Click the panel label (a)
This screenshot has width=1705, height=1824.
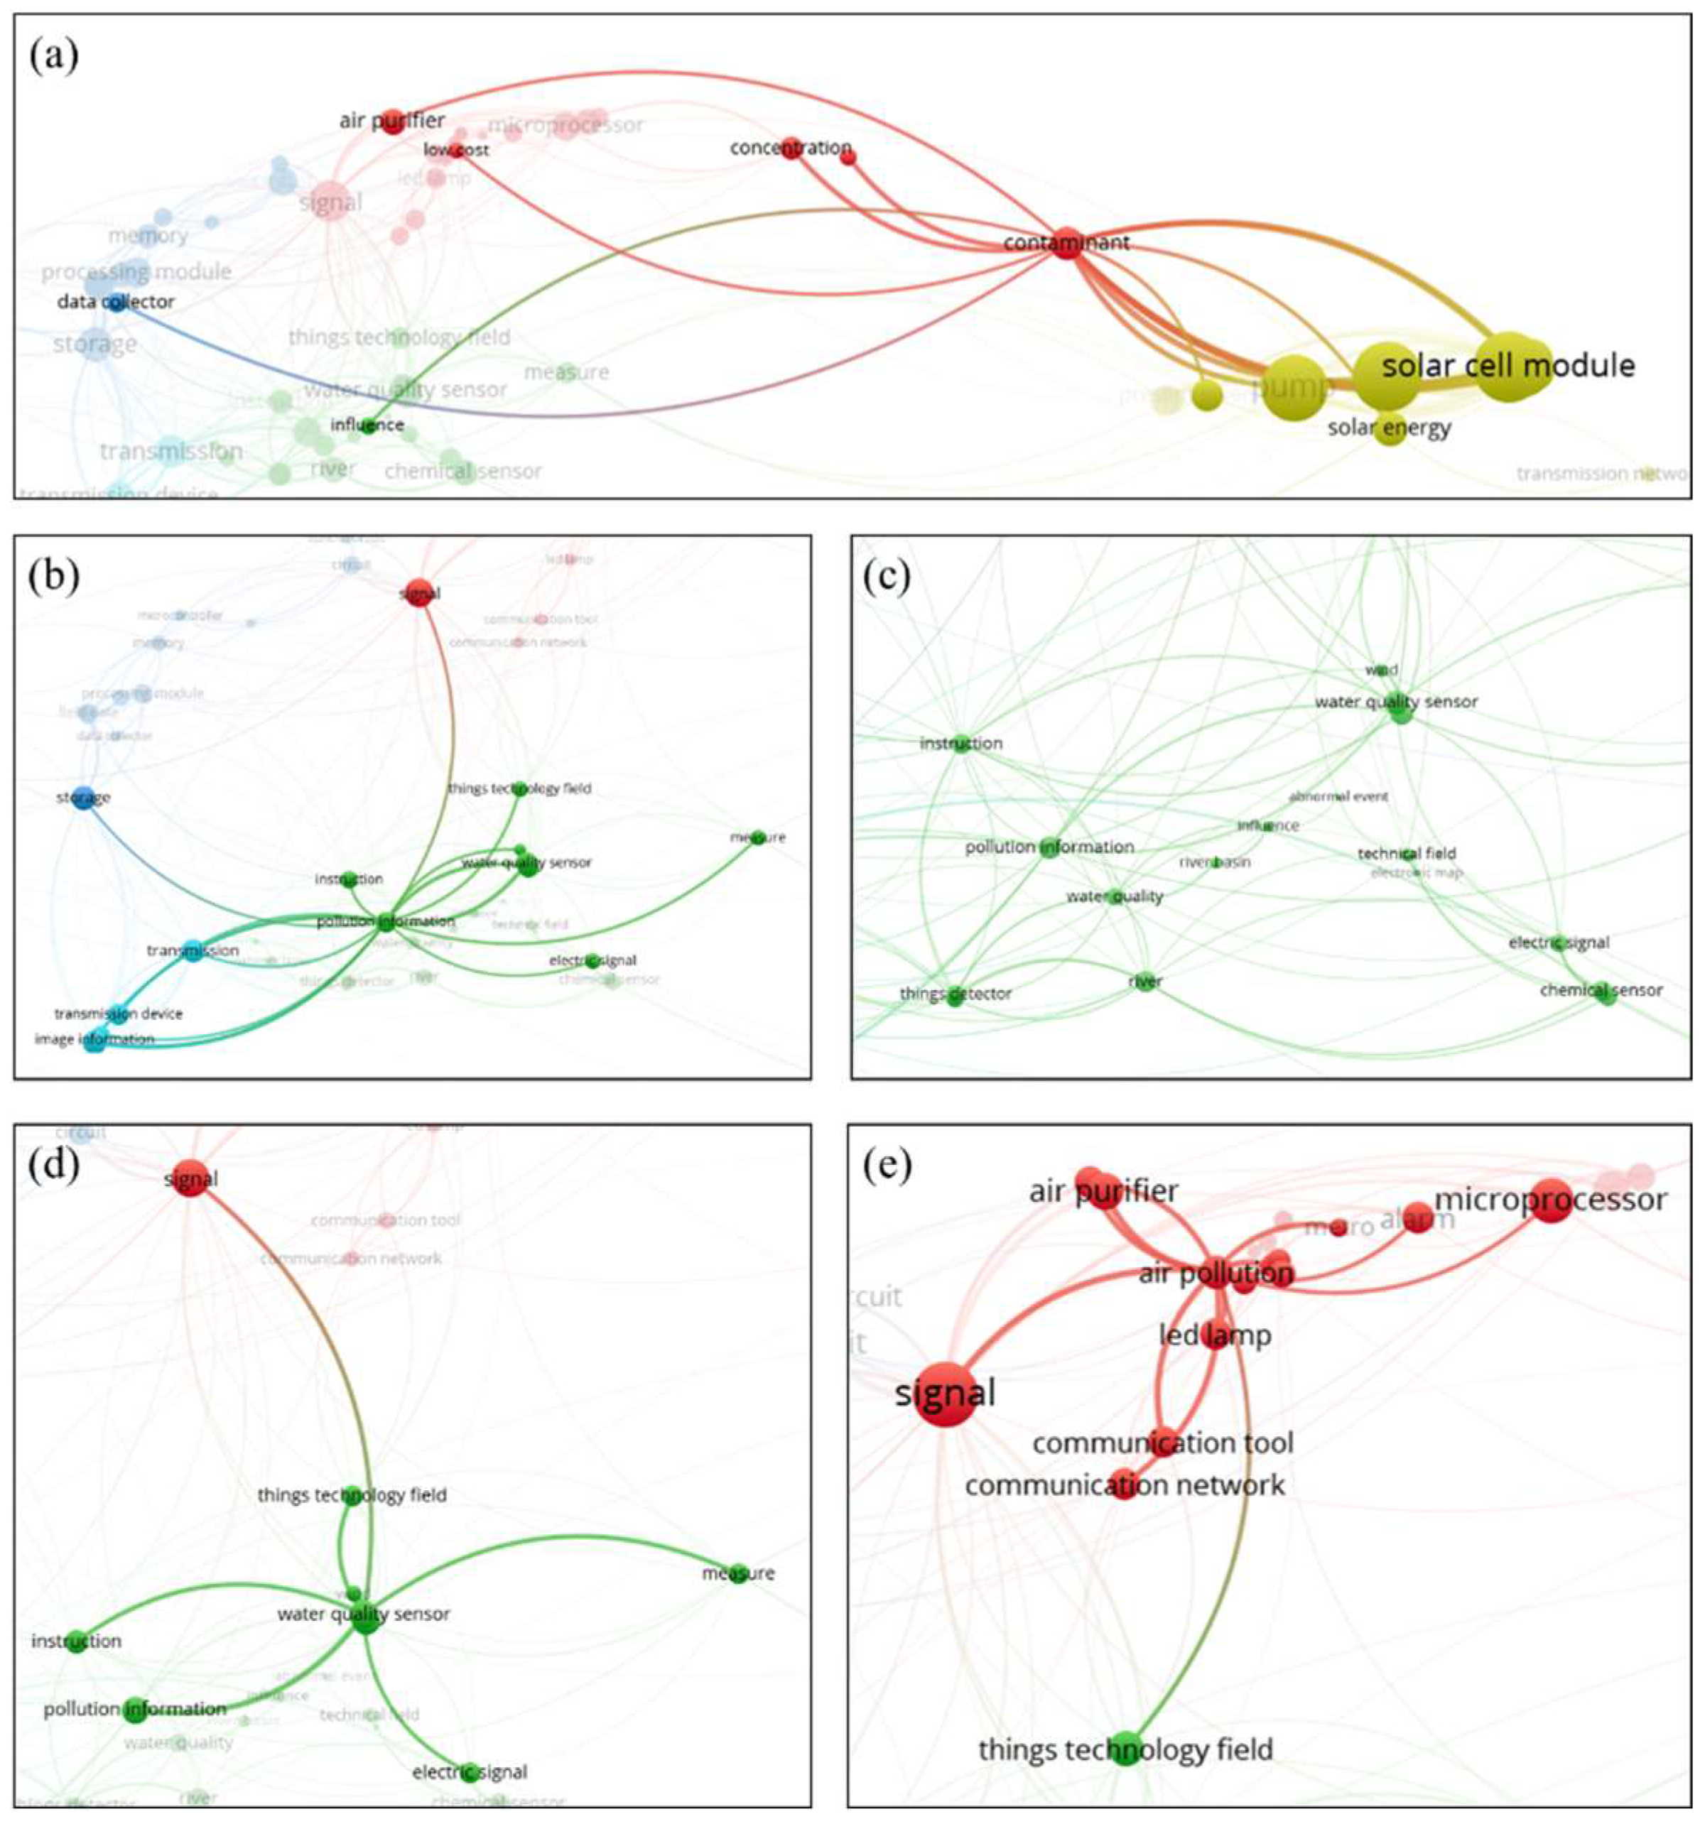(54, 56)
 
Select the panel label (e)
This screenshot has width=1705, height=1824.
(887, 1166)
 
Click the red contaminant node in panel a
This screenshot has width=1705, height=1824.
(1066, 243)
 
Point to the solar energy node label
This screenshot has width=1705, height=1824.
(1390, 428)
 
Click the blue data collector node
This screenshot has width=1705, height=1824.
(117, 301)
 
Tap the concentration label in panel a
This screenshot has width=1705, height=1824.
(790, 148)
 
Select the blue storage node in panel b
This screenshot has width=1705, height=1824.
(84, 798)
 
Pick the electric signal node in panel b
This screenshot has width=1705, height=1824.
(592, 960)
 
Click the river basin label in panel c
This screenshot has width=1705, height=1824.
(1214, 862)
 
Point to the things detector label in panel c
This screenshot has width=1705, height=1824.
(956, 994)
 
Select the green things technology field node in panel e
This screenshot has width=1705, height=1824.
(1126, 1749)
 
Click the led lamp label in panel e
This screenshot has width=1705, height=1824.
(1215, 1335)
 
